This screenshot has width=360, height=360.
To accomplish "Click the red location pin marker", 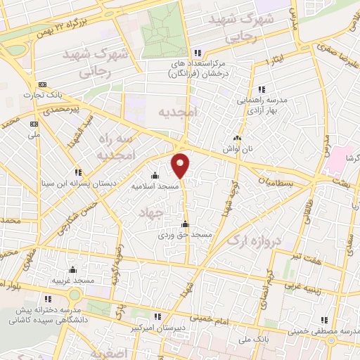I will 181,165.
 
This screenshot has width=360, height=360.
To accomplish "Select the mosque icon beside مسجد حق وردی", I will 185,224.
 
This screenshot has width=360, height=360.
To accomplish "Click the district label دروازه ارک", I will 254,239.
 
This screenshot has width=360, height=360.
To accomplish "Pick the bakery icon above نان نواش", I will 236,139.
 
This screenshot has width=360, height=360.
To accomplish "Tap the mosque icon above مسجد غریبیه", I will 72,269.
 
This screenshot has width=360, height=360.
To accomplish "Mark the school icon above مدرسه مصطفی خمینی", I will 323,320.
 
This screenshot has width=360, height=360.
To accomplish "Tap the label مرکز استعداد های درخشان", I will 199,68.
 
